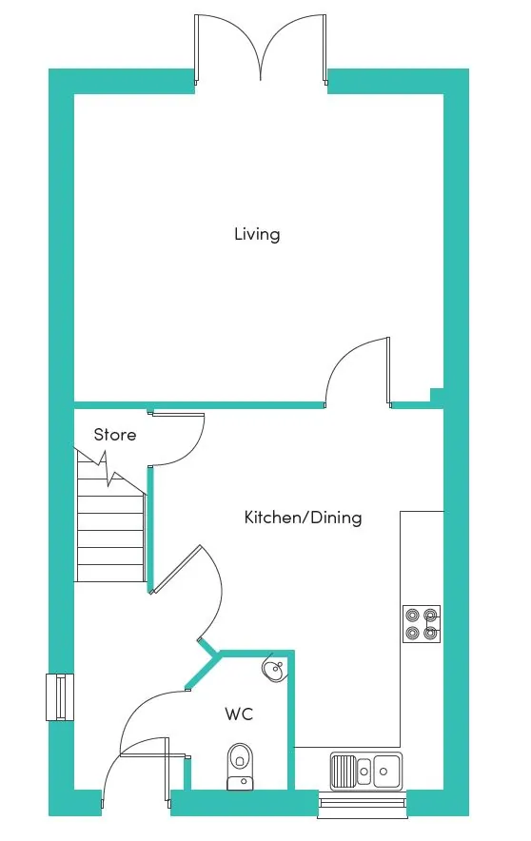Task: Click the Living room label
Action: [x=257, y=234]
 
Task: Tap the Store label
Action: [x=115, y=435]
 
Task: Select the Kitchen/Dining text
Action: [x=303, y=518]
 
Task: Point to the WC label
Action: [x=239, y=714]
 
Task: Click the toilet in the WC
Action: [x=240, y=767]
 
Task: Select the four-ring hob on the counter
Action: [x=422, y=624]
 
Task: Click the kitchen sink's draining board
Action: [x=343, y=772]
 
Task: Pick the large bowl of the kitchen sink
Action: [x=386, y=771]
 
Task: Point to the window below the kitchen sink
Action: [x=363, y=803]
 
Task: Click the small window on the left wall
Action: [x=60, y=697]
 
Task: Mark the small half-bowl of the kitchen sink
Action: [x=364, y=771]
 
